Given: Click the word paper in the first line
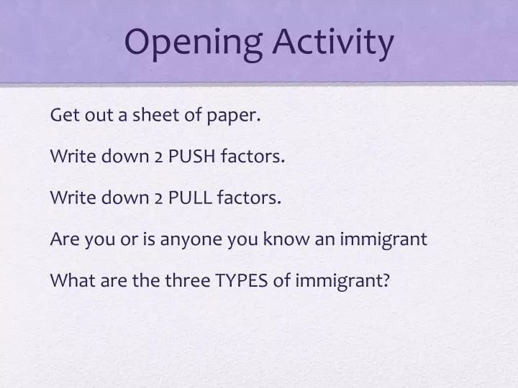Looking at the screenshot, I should pyautogui.click(x=238, y=116).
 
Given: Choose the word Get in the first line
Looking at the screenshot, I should pyautogui.click(x=63, y=115).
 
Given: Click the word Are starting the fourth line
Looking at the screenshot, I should pyautogui.click(x=63, y=239).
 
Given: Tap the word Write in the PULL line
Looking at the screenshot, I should pyautogui.click(x=70, y=198).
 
